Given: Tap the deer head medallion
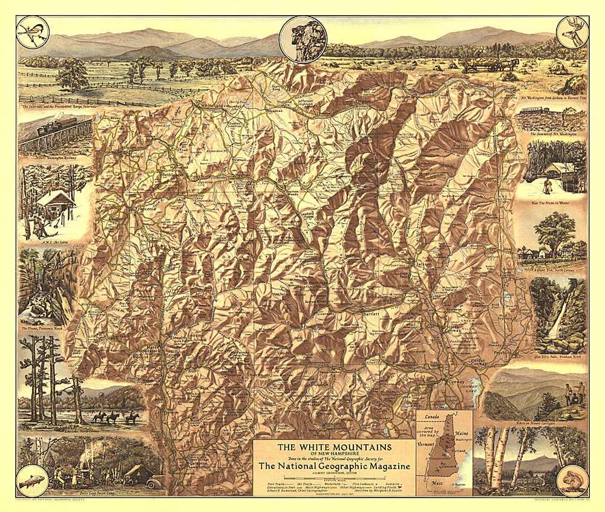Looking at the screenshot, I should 572,32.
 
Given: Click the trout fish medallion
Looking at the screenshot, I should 32,481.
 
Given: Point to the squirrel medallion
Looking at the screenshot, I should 572,481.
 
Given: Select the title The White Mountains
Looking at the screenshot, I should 334,447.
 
